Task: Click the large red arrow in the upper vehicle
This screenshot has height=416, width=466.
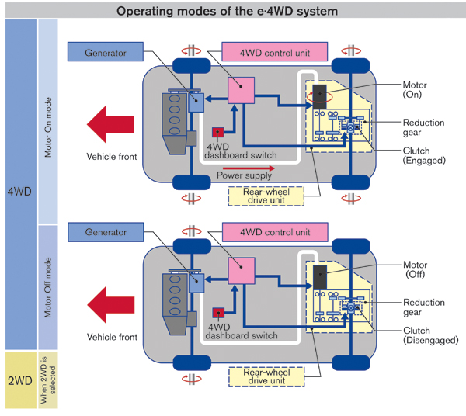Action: pos(112,124)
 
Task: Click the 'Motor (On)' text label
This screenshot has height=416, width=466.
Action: pos(418,89)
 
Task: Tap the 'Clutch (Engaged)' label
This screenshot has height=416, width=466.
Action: pos(423,155)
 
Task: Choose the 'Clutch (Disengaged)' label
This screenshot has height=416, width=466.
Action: pos(428,335)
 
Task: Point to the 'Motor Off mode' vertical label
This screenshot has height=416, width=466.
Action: pos(48,287)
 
